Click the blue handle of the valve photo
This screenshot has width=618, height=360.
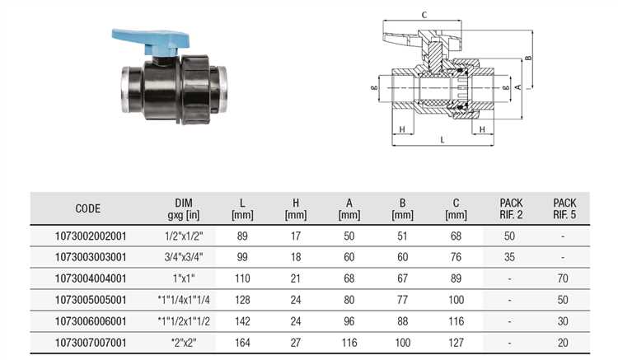pyautogui.click(x=152, y=40)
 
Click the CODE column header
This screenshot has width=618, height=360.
pyautogui.click(x=88, y=208)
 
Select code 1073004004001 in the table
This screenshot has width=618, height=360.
pyautogui.click(x=91, y=278)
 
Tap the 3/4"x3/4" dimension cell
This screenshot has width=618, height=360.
pyautogui.click(x=184, y=257)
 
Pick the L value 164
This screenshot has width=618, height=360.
pyautogui.click(x=242, y=343)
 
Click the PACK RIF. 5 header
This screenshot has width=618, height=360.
pyautogui.click(x=564, y=208)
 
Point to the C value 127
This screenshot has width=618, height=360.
pyautogui.click(x=456, y=343)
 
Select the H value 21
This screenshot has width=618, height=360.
pyautogui.click(x=296, y=278)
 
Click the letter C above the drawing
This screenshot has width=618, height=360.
pyautogui.click(x=424, y=16)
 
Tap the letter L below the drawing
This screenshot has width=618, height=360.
pyautogui.click(x=442, y=140)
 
